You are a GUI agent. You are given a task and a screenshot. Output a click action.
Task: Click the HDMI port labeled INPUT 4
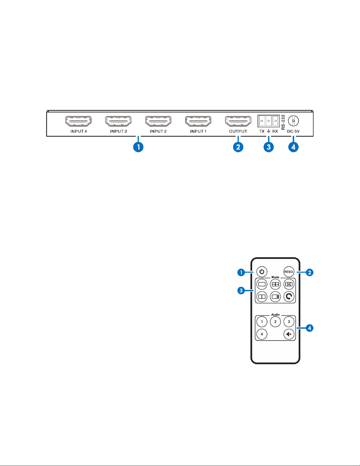coord(78,121)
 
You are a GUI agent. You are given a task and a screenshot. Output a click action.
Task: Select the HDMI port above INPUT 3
coord(118,121)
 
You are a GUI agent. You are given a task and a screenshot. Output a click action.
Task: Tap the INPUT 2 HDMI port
coord(158,121)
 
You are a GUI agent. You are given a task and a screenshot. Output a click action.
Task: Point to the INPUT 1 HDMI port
coord(198,121)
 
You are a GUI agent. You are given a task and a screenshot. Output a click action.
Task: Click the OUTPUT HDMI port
coord(238,121)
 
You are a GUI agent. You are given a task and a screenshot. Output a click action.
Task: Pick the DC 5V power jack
coord(293,121)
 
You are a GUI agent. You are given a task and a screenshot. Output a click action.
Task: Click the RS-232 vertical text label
coord(283,122)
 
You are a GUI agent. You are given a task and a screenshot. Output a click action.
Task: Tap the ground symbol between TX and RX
coord(268,131)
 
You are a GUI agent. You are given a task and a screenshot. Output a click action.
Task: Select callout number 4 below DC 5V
coord(293,147)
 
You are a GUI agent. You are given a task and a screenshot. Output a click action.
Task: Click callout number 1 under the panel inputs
coord(138,147)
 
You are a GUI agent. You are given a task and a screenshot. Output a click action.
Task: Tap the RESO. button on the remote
coord(289,272)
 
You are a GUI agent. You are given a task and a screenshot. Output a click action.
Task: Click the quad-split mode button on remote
coord(275,284)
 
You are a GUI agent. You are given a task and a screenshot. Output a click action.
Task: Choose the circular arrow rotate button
coord(289,297)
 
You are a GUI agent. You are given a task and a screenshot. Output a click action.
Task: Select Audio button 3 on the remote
coord(289,322)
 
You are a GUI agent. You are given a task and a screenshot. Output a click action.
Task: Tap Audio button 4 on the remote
coord(262,334)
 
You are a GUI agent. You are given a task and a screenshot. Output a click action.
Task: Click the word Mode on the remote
coord(275,277)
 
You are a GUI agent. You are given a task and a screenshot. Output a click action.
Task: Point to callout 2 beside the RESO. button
coord(309,273)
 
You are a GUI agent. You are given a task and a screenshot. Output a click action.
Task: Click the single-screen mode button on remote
coord(262,284)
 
